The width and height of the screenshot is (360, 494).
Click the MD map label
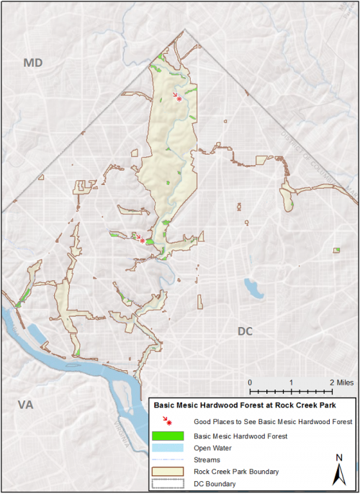[x=33, y=64]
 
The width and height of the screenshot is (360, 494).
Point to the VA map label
[x=25, y=405]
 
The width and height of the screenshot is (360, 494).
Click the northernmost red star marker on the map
[x=179, y=99]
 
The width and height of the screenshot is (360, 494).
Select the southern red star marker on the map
[x=143, y=241]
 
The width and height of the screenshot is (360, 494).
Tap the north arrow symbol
[x=339, y=475]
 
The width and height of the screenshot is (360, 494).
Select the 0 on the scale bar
[x=249, y=382]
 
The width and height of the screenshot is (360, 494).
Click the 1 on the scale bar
[x=290, y=382]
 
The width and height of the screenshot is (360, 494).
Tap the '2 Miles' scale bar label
[x=343, y=382]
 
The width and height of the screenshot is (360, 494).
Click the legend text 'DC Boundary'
[x=216, y=483]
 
